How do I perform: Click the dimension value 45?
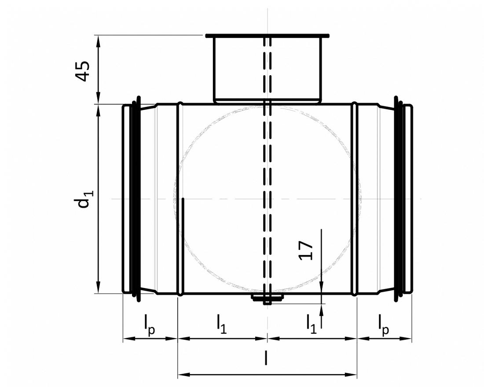[x=83, y=70]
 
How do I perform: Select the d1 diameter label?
[x=83, y=198]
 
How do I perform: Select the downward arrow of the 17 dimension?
[x=322, y=287]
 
